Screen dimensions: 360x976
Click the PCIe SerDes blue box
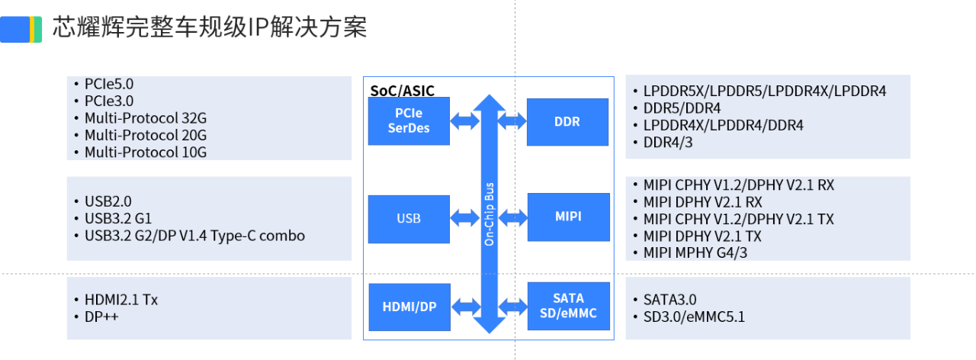point(409,121)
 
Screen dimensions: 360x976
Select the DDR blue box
point(568,121)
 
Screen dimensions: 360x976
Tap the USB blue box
point(409,218)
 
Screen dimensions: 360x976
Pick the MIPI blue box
point(568,217)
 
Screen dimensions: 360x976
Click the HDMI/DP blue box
point(409,307)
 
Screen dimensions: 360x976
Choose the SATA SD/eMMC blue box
point(568,306)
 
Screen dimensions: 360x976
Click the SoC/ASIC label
point(403,91)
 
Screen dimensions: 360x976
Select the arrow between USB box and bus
point(464,218)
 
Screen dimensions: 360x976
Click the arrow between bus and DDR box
point(512,121)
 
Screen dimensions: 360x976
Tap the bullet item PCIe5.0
point(108,84)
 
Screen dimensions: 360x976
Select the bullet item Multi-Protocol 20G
point(145,135)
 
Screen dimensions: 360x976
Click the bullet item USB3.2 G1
point(117,219)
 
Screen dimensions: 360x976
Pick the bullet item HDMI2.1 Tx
point(120,300)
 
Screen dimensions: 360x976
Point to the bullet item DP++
point(101,317)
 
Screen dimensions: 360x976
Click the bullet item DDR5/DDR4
point(682,108)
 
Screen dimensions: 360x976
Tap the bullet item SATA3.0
point(669,300)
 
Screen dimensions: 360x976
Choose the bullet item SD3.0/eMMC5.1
point(693,317)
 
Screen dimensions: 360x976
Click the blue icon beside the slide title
point(21,29)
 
